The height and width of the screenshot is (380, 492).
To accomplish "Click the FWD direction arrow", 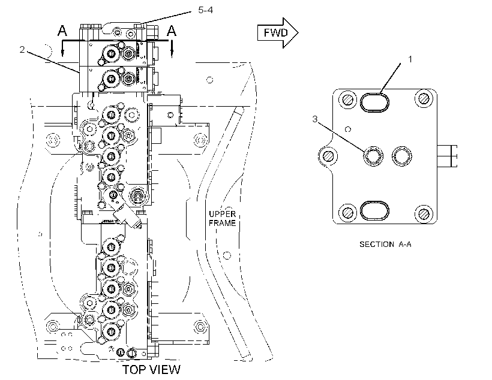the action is point(278,33).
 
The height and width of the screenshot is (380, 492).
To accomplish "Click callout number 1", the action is point(410,59).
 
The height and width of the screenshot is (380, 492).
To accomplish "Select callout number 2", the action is point(22,50).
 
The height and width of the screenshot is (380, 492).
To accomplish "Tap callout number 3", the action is point(315,119).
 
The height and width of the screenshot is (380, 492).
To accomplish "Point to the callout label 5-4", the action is point(206,10).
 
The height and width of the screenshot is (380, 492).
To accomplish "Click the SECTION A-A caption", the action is point(385,244).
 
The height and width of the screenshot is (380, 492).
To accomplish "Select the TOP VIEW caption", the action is point(151,370).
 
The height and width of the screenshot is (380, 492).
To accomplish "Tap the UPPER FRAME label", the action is point(223,219).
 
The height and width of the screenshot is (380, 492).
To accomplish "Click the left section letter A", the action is point(62,31).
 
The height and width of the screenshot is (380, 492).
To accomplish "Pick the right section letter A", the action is point(172,31).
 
